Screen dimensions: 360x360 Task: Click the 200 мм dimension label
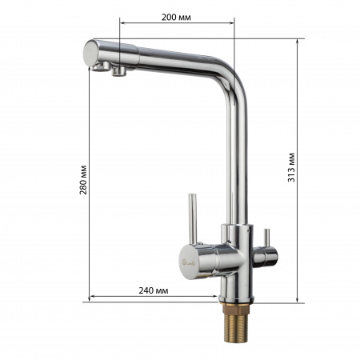(177, 17)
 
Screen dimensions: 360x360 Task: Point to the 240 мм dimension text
(151, 290)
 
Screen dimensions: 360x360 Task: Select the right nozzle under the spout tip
(119, 74)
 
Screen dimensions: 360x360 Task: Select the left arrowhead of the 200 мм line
(121, 23)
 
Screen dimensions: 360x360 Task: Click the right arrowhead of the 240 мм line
(217, 297)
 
